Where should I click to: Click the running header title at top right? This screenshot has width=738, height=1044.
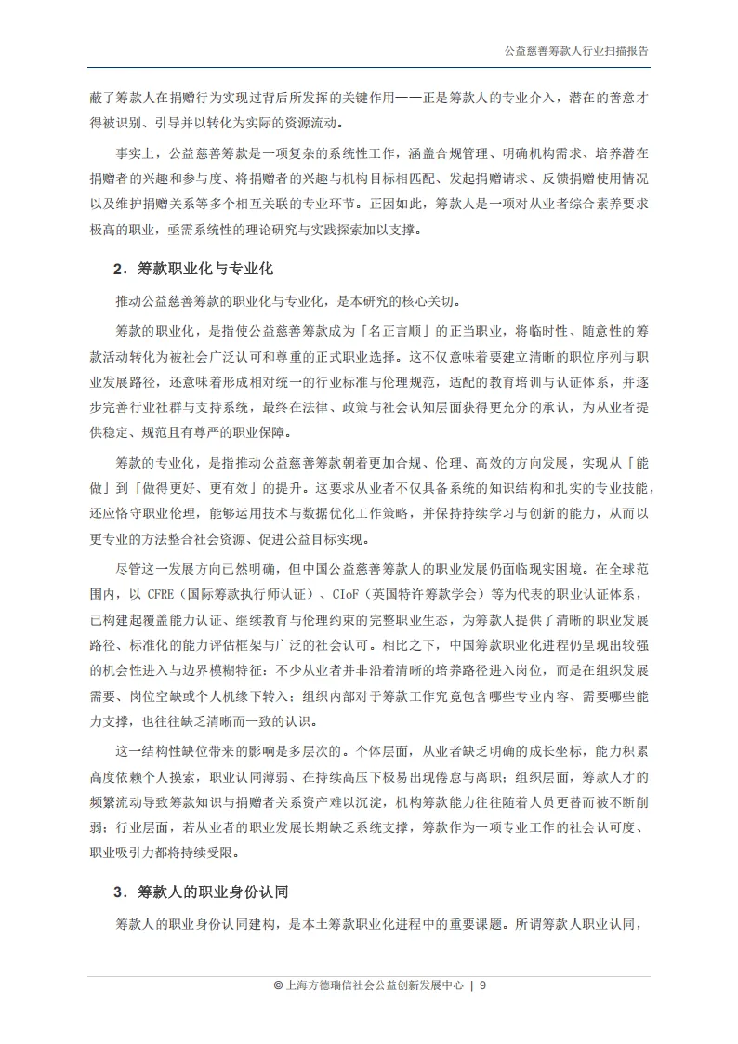click(569, 52)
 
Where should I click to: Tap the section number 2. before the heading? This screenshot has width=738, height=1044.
click(118, 270)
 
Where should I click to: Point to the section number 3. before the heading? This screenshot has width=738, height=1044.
click(118, 892)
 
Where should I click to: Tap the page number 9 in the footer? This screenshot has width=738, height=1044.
click(483, 986)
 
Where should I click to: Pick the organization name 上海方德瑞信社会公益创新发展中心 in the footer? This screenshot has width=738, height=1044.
click(368, 986)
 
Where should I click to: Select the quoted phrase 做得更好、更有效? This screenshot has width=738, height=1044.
click(194, 487)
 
